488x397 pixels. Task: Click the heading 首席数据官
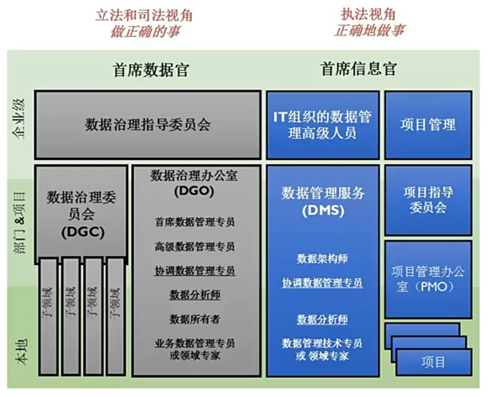point(151,70)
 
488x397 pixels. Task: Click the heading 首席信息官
point(358,69)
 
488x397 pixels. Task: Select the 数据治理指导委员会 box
point(148,125)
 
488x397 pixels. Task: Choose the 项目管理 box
point(428,125)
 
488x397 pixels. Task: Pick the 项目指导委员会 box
point(428,200)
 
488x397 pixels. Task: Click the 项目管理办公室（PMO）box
point(428,279)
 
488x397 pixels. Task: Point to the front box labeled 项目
point(434,362)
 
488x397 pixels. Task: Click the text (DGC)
point(82,232)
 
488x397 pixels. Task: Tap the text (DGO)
point(194,192)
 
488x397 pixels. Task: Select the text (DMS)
point(323,211)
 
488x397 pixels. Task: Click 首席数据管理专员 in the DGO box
point(195,223)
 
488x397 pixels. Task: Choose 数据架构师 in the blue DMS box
point(322,259)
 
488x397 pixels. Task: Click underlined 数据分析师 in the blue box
point(322,319)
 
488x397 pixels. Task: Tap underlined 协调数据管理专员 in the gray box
point(195,271)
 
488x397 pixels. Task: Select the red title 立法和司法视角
point(144,16)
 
